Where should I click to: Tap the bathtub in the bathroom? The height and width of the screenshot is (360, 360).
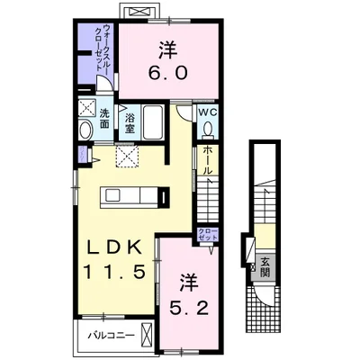click(x=149, y=123)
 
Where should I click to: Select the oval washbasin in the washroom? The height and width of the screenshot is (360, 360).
click(x=85, y=131)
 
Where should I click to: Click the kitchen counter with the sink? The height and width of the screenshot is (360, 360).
click(x=130, y=194)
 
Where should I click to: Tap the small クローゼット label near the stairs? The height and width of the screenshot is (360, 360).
click(x=208, y=237)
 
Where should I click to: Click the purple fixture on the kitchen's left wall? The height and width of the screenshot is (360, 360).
click(x=83, y=154)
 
